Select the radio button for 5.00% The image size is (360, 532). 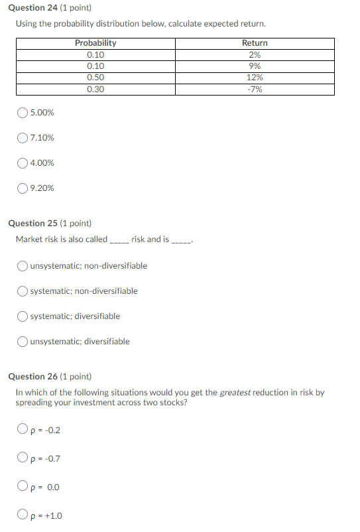click(23, 113)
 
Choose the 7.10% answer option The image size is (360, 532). click(23, 138)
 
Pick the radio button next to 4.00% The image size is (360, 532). click(23, 163)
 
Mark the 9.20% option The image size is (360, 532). click(23, 188)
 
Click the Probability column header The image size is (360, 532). click(95, 43)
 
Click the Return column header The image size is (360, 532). click(255, 43)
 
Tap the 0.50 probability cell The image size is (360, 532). click(95, 78)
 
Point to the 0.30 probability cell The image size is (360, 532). click(95, 89)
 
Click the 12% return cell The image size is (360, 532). click(255, 78)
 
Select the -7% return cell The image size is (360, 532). click(255, 89)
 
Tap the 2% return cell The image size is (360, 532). click(255, 55)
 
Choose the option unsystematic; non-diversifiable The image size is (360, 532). click(23, 266)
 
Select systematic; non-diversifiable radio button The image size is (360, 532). click(23, 291)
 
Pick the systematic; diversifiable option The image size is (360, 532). click(23, 316)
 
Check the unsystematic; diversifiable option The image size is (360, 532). click(23, 342)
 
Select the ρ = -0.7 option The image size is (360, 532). click(23, 458)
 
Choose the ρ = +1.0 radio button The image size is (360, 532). click(23, 515)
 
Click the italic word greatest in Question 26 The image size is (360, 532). click(235, 393)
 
